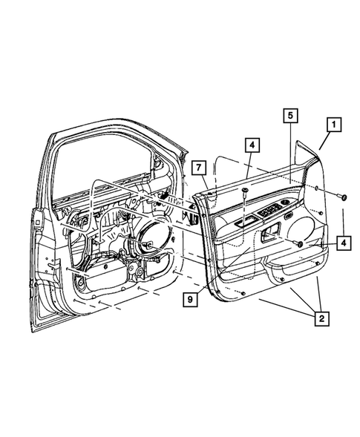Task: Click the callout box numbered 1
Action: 333,125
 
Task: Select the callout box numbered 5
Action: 289,115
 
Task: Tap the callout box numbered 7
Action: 197,167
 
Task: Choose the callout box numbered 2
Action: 320,319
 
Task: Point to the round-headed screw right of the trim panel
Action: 344,197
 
